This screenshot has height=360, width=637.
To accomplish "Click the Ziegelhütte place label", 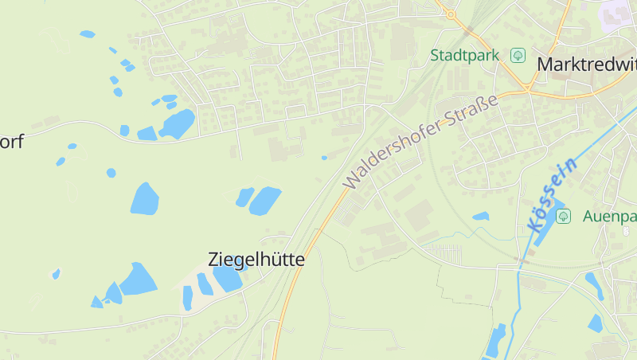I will [x=256, y=259].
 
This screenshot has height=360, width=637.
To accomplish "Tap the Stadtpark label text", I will [x=464, y=55].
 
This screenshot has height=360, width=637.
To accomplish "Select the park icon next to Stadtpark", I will [x=518, y=55].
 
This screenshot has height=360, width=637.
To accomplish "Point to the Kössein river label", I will [x=551, y=196].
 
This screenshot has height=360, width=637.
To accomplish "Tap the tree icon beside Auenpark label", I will [x=563, y=216].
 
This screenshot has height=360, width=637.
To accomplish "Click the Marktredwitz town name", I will [x=587, y=65].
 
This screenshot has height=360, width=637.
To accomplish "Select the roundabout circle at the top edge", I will [x=451, y=14].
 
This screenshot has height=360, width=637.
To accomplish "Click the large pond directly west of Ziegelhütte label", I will [x=138, y=280].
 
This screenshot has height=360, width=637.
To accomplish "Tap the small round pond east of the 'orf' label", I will [x=111, y=173].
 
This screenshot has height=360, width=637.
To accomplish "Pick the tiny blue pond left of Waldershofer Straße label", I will [x=324, y=158].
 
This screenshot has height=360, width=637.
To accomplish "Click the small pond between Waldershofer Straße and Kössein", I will [x=480, y=216].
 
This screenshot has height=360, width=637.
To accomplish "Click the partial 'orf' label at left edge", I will [x=12, y=142].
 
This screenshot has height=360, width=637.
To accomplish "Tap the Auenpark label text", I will [x=609, y=216].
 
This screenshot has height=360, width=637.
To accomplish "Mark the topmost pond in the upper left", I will [x=87, y=34].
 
